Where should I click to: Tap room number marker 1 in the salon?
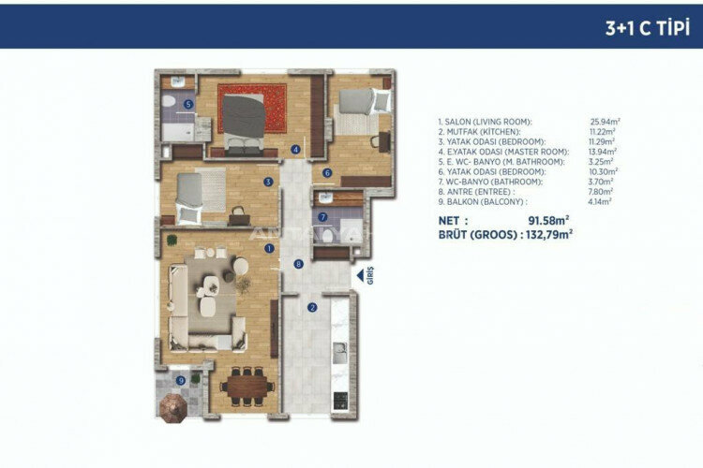click(x=269, y=248)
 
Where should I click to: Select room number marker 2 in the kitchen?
click(x=313, y=306)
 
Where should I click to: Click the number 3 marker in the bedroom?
click(x=268, y=183)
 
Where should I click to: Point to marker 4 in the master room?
click(x=295, y=149)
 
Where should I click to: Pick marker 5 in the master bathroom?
click(x=188, y=105)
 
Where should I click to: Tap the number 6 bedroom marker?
click(x=327, y=172)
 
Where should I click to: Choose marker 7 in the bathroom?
click(x=322, y=217)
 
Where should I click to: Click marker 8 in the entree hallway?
click(x=298, y=265)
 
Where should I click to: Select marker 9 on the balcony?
click(x=181, y=380)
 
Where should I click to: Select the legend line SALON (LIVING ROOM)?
click(x=485, y=122)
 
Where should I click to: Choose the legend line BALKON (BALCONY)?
click(x=482, y=201)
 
